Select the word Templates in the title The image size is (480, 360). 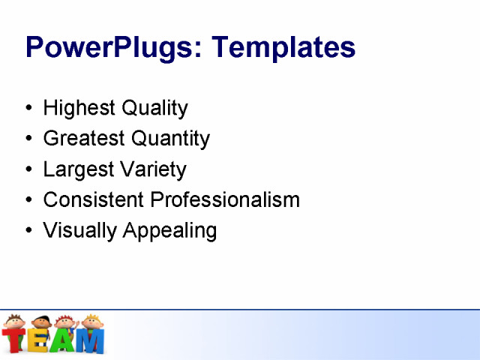point(283,47)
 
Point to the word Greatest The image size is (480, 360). point(84,139)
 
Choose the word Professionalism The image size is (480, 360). point(225,199)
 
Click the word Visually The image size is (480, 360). point(79,230)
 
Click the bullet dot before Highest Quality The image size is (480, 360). point(28,108)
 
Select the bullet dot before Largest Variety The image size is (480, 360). point(28,169)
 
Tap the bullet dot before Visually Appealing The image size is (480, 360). point(28,230)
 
